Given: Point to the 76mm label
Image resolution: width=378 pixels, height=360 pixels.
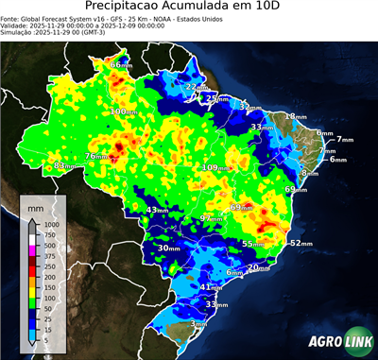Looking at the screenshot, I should point(96,156).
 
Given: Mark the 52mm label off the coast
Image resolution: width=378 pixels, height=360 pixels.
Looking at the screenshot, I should point(301,243).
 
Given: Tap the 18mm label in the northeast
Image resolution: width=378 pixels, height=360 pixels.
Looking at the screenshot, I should point(297,116).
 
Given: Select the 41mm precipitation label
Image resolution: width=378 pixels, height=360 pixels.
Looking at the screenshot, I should point(211,286).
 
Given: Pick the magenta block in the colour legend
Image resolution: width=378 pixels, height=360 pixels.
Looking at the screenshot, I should point(32,248).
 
